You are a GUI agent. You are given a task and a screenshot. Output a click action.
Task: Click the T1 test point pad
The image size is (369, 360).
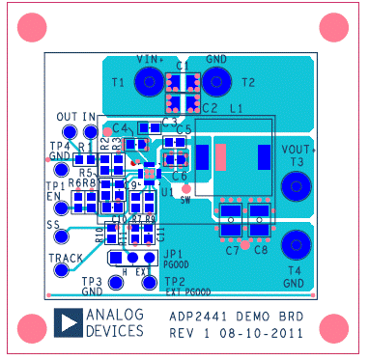(x=148, y=83)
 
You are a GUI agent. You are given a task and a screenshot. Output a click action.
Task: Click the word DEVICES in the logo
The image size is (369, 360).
(x=115, y=331)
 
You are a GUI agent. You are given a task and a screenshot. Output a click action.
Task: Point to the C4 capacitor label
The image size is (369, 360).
(x=120, y=127)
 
